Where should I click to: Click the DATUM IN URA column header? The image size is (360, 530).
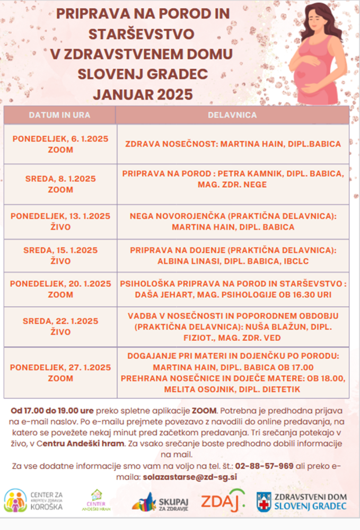click(x=59, y=115)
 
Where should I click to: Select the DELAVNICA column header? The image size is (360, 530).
click(x=233, y=115)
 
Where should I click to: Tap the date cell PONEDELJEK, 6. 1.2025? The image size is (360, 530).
click(x=60, y=144)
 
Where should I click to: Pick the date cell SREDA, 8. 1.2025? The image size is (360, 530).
click(x=60, y=184)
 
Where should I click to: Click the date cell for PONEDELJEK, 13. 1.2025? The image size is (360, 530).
click(x=60, y=222)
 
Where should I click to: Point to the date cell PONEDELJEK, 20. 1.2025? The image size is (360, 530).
click(x=60, y=289)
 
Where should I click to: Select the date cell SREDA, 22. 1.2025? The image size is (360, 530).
click(x=60, y=326)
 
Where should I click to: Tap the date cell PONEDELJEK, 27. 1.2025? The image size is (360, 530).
click(x=60, y=373)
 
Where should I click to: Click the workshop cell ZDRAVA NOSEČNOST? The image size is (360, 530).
click(x=233, y=144)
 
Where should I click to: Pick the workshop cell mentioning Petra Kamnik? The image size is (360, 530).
click(x=233, y=179)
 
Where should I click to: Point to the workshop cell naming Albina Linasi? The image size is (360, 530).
click(x=233, y=256)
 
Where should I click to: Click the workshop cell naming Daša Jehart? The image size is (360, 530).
click(x=233, y=289)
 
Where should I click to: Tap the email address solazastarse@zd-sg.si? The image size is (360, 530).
click(x=189, y=476)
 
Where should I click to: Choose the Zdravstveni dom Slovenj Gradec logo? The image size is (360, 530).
click(x=302, y=501)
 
